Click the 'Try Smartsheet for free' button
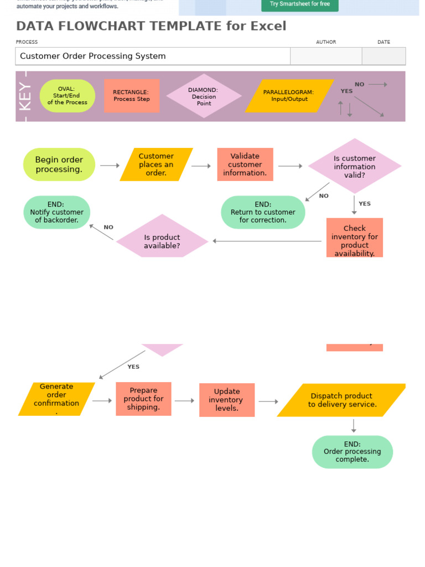299,4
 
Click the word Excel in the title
269,26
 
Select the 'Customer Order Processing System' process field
153,56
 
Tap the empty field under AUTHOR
326,56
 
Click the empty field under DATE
383,56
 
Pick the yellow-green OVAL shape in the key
68,96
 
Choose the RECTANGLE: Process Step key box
132,96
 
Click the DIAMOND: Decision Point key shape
204,96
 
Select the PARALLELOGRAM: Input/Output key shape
289,96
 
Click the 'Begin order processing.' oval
59,164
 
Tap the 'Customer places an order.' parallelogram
156,164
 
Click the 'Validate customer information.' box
245,164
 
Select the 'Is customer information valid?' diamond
355,166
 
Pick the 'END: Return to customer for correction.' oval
263,212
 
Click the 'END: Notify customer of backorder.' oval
57,212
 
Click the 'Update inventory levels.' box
227,400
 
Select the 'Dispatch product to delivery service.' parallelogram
342,400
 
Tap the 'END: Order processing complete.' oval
353,452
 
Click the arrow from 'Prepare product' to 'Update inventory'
185,401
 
